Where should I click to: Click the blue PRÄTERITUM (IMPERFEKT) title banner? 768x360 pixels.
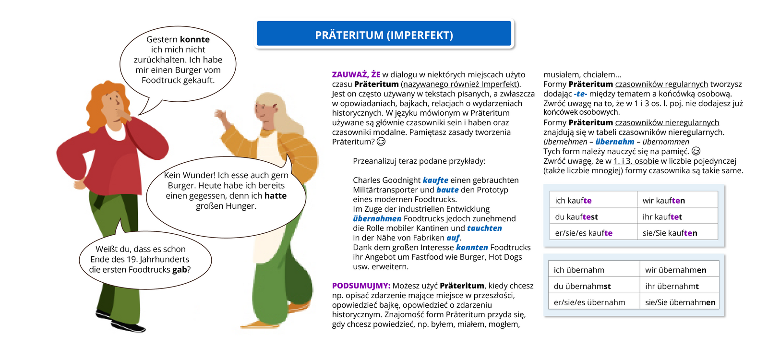pos(384,35)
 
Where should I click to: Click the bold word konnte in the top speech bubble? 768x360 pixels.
pos(194,39)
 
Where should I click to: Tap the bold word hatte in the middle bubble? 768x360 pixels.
pos(275,196)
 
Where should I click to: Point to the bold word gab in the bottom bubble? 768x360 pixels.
pos(180,270)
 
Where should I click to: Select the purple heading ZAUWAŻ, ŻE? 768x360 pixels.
pos(356,75)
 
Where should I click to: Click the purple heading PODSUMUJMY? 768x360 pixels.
pos(361,286)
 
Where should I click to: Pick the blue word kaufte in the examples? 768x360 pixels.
pos(435,180)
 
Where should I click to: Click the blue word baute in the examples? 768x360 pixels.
pos(447,190)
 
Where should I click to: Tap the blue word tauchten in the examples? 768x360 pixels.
pos(484,228)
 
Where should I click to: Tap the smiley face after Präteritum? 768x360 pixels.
pos(381,142)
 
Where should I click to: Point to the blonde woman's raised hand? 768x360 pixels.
pos(221,116)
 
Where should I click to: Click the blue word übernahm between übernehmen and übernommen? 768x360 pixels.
pos(615,142)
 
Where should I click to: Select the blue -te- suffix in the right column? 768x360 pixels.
pos(580,94)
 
